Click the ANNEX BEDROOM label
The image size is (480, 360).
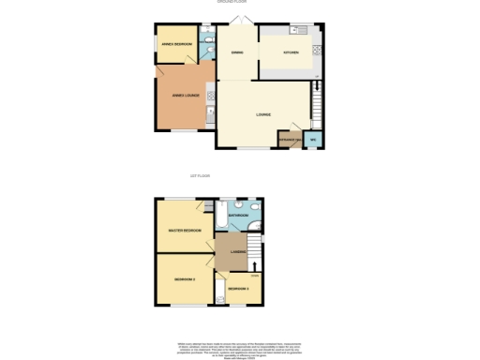pyautogui.click(x=176, y=44)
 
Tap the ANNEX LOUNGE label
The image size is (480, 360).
pyautogui.click(x=183, y=95)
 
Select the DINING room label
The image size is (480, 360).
pyautogui.click(x=237, y=52)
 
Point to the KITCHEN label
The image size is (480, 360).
pyautogui.click(x=292, y=52)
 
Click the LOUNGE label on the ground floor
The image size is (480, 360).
pyautogui.click(x=263, y=114)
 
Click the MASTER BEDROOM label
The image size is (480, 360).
pyautogui.click(x=185, y=230)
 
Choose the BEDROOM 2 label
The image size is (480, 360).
pyautogui.click(x=184, y=279)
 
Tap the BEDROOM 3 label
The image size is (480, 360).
pyautogui.click(x=238, y=288)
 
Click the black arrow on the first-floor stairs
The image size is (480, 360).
pyautogui.click(x=255, y=263)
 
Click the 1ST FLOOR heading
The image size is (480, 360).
pyautogui.click(x=200, y=175)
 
